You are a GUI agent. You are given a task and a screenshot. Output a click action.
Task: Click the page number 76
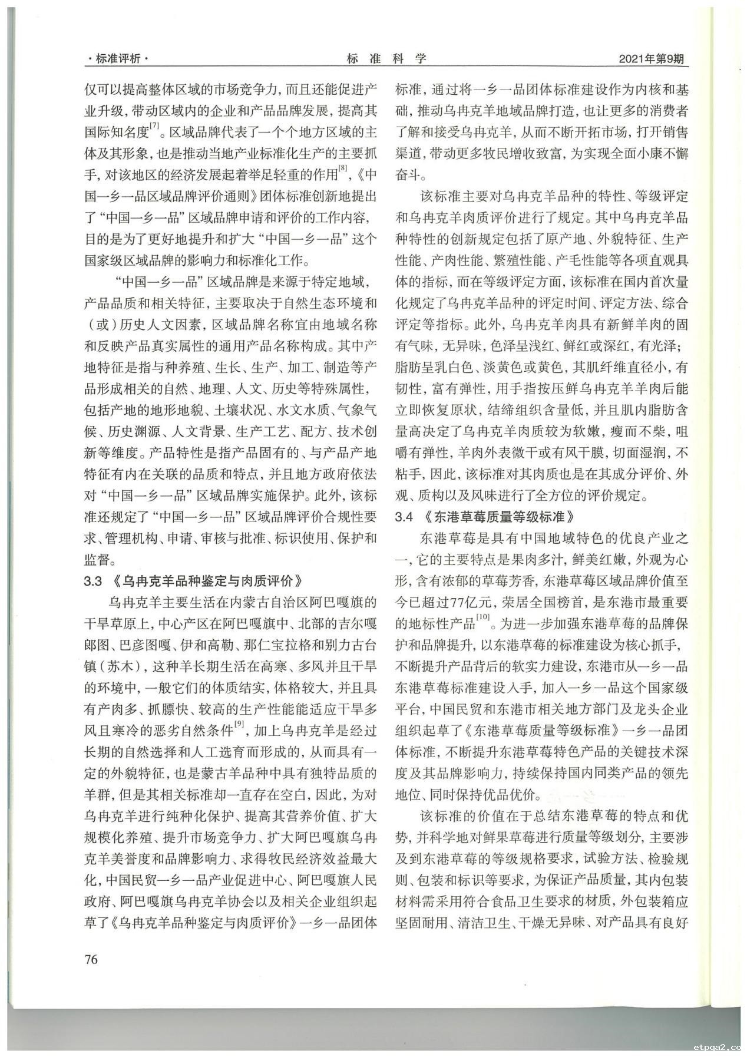[x=91, y=959]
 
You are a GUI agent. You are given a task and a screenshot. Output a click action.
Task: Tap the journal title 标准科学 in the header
[x=386, y=58]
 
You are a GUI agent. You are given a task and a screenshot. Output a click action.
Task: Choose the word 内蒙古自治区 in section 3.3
[x=257, y=603]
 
